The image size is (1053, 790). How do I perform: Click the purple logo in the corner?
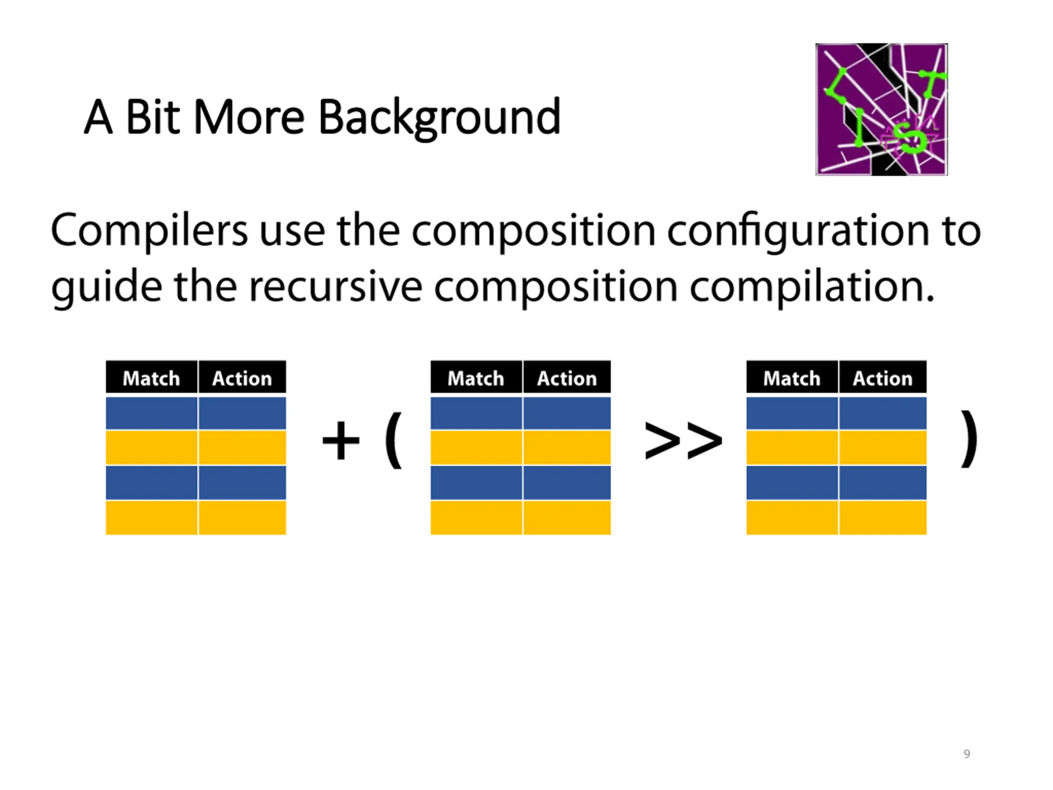click(x=881, y=109)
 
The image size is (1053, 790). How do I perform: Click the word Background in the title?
click(x=439, y=117)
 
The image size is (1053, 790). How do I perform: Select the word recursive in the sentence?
click(x=336, y=288)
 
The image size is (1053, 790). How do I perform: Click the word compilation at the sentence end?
click(x=812, y=288)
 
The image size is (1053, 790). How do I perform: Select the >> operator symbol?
click(x=683, y=441)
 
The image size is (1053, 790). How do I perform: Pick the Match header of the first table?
click(x=151, y=379)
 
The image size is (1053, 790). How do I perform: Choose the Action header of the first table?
click(x=242, y=379)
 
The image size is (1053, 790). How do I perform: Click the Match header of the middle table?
click(x=475, y=379)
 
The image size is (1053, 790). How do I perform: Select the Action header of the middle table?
click(x=566, y=379)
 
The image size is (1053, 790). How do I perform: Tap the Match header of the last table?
click(x=792, y=379)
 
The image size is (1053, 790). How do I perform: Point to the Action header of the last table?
click(x=882, y=379)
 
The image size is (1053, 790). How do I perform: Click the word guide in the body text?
click(x=107, y=288)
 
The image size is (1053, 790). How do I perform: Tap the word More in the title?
click(x=249, y=117)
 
